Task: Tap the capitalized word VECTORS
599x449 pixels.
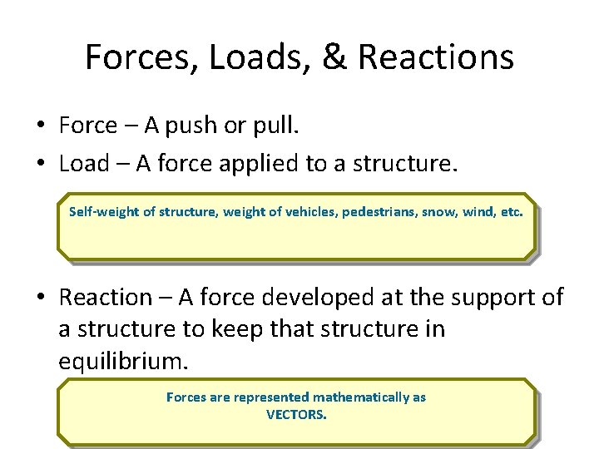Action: point(296,414)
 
